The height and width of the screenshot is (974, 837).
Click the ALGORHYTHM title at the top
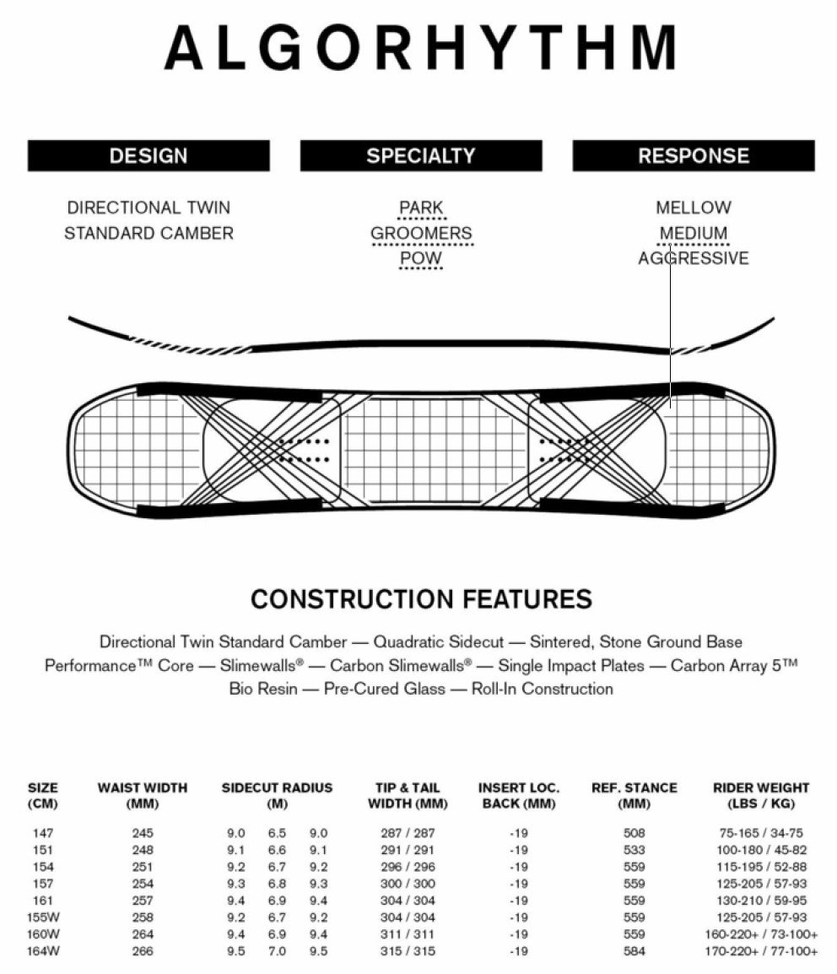point(420,47)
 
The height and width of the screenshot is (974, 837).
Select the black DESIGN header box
point(148,156)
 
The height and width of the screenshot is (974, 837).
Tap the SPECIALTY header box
point(421,156)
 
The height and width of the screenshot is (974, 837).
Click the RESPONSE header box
point(694,156)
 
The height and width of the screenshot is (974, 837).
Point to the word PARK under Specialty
point(421,208)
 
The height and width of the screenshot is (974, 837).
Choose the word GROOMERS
point(421,233)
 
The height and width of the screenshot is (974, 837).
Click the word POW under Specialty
point(421,258)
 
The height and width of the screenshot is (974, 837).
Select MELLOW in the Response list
point(694,208)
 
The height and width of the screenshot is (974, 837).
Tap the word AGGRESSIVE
point(694,258)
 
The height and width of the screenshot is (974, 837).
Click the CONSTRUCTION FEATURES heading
point(421,599)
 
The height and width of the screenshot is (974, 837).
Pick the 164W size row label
point(42,951)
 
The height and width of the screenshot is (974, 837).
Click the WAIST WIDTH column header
point(143,795)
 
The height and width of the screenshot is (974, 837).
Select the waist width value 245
point(143,833)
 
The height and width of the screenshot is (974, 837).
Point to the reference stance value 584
point(634,951)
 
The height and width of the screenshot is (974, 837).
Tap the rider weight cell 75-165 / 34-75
point(761,833)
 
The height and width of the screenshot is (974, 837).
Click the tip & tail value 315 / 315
point(408,951)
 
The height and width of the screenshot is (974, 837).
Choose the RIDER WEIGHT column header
point(761,795)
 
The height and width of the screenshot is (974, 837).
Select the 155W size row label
point(42,917)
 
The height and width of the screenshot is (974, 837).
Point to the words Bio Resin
point(263,689)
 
